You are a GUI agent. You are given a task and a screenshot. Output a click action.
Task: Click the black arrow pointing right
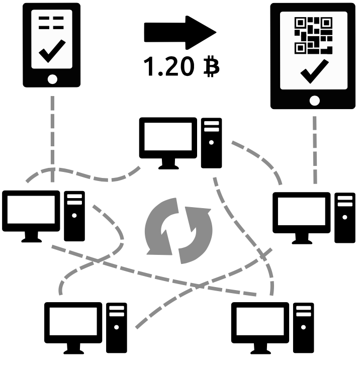pyautogui.click(x=178, y=33)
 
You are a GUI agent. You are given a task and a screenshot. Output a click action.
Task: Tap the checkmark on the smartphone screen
pyautogui.click(x=51, y=49)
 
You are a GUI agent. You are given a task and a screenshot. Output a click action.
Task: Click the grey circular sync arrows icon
pyautogui.click(x=179, y=228)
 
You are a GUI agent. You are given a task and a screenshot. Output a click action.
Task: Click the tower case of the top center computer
pyautogui.click(x=212, y=143)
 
